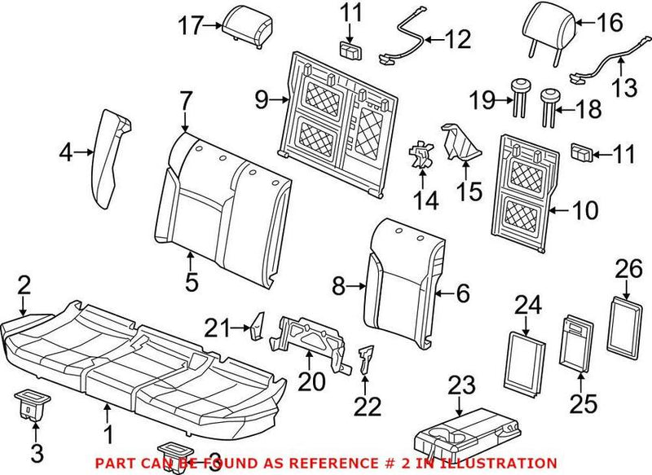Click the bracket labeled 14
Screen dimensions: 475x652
(x=421, y=153)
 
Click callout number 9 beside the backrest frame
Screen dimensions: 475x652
(x=261, y=100)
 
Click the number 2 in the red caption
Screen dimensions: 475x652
(x=345, y=463)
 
